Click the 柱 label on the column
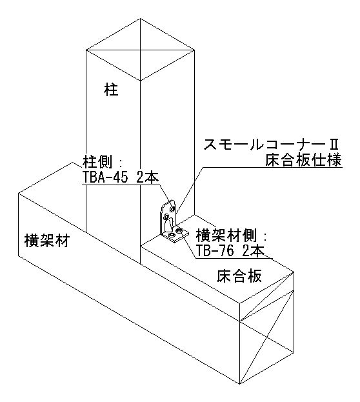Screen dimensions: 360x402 [x=111, y=90]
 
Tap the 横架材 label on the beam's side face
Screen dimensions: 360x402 [x=46, y=241]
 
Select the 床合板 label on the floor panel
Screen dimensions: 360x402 [x=239, y=276]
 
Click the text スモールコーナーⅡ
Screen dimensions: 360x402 [x=270, y=145]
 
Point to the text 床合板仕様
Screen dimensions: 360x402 [x=304, y=161]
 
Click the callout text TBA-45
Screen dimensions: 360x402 [x=105, y=177]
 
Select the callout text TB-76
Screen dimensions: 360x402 [x=215, y=250]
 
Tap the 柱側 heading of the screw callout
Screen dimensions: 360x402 [x=97, y=162]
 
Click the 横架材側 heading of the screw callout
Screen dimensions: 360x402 [x=226, y=235]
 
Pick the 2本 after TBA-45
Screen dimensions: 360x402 [x=147, y=177]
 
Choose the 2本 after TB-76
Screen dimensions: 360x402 [x=253, y=250]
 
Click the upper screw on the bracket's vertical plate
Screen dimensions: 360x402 [x=172, y=208]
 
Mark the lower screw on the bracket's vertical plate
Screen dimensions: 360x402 [x=166, y=217]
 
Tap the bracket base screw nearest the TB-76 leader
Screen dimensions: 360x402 [x=179, y=231]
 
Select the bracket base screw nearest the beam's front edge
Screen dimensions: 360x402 [x=170, y=236]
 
